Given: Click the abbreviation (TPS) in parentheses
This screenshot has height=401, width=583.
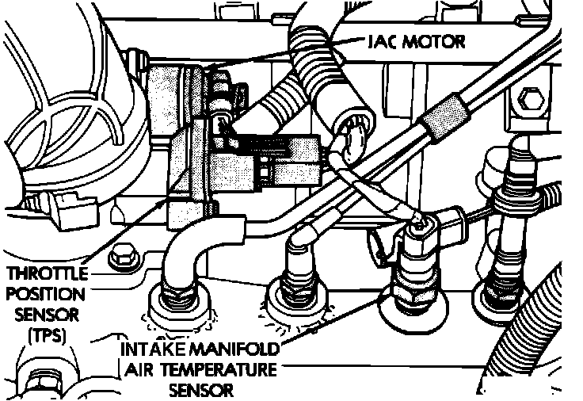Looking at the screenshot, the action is click(46, 334).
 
